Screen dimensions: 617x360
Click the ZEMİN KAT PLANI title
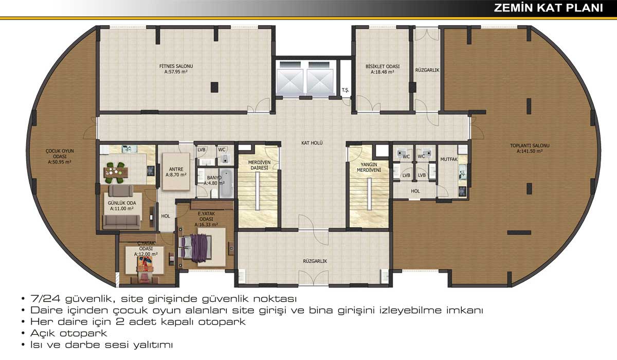pos(549,8)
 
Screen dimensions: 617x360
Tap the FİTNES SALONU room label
pos(176,66)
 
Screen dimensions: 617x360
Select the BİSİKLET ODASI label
pos(383,66)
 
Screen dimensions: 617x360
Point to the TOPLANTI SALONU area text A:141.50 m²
pos(530,151)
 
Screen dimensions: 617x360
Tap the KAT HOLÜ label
pos(312,143)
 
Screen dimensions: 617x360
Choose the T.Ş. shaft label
pos(345,90)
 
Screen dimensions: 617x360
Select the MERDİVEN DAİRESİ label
pos(259,165)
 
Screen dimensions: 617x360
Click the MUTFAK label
pos(449,159)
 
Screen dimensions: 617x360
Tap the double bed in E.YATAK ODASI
pos(195,247)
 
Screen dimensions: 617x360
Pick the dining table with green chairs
pos(116,173)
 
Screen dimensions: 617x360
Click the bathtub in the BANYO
pos(226,183)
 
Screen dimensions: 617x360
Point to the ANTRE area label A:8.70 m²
pos(176,175)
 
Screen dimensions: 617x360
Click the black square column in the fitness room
pos(214,87)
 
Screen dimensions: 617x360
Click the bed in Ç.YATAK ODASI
pos(145,264)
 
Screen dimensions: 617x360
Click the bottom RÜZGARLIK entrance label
pos(315,261)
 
